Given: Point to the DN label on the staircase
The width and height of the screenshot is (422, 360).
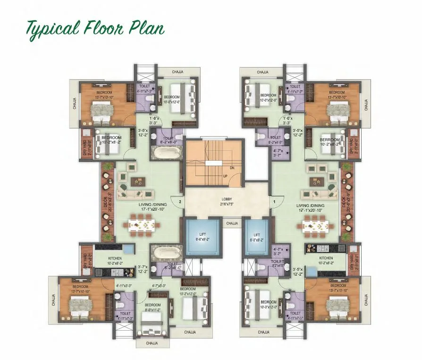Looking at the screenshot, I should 232,167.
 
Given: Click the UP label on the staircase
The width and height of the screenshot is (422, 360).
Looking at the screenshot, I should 226,176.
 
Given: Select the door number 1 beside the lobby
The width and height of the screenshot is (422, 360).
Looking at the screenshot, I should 274,202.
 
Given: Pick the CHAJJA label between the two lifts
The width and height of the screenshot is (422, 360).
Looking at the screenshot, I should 232,224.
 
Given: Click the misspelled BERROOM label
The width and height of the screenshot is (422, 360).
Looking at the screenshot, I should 329,140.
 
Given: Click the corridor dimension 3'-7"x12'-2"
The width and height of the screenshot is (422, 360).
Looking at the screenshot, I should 142,269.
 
